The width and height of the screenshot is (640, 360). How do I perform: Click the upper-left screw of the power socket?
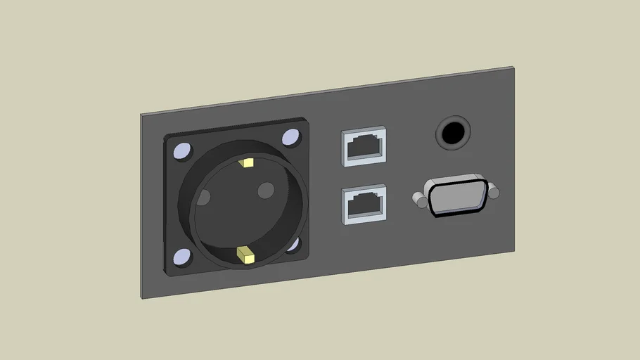[181, 150]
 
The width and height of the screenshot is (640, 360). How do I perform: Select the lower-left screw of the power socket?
[181, 258]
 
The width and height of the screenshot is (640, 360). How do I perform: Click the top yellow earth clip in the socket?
[246, 163]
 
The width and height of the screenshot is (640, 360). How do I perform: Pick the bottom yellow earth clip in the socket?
[245, 255]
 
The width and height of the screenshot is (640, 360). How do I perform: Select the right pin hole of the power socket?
[266, 190]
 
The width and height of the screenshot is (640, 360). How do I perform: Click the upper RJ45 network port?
[364, 147]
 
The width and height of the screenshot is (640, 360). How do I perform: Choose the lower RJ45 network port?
[364, 204]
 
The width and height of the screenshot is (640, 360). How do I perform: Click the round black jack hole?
[453, 131]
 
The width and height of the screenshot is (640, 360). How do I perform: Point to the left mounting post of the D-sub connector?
[420, 201]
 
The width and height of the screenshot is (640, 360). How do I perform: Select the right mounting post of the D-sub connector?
[494, 191]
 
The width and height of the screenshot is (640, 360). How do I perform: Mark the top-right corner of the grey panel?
[513, 67]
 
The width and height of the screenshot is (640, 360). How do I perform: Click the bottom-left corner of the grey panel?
[142, 298]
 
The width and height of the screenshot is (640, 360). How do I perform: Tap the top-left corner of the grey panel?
[141, 114]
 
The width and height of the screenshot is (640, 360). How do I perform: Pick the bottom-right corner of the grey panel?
[514, 251]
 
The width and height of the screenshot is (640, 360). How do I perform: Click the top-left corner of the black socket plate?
[166, 135]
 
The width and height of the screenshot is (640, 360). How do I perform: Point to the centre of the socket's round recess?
[244, 209]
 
